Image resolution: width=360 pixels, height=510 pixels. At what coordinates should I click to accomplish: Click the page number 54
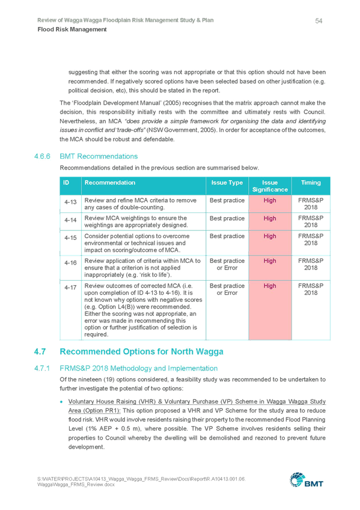(x=319, y=21)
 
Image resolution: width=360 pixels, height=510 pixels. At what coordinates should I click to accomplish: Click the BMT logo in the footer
(x=307, y=480)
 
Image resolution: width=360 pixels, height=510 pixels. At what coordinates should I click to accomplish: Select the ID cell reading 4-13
(x=70, y=202)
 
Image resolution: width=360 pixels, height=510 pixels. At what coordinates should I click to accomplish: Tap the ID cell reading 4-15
(x=70, y=238)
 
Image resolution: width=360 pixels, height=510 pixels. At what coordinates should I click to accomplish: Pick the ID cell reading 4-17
(x=70, y=287)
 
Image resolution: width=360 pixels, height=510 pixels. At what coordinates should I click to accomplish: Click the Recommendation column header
(x=110, y=182)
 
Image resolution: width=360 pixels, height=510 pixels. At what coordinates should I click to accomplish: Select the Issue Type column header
(x=227, y=183)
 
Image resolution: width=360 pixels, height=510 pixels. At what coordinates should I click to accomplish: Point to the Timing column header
(x=311, y=183)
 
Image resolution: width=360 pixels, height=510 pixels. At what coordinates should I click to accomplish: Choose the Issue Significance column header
(x=270, y=186)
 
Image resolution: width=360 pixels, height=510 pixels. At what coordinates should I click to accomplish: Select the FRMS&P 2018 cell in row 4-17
(x=311, y=289)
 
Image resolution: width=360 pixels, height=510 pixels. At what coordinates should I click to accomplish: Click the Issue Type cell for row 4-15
(x=227, y=236)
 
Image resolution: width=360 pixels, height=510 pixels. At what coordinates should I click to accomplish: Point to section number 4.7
(x=40, y=352)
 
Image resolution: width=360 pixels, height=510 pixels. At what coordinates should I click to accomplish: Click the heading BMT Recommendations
(x=99, y=156)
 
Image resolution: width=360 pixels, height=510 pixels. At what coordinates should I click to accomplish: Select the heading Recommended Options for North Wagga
(x=142, y=352)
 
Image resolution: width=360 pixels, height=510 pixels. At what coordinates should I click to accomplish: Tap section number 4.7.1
(x=42, y=369)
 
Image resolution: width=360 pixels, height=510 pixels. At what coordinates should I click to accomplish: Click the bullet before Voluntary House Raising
(x=61, y=402)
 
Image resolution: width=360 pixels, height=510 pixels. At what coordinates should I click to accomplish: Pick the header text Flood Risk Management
(x=72, y=29)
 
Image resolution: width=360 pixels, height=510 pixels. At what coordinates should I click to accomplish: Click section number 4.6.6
(x=42, y=156)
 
